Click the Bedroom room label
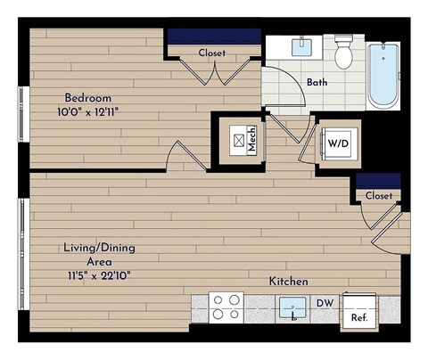[x=87, y=97]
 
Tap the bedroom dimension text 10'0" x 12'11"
[x=87, y=112]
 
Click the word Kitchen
[x=289, y=282]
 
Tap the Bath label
[x=317, y=82]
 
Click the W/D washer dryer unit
[x=339, y=143]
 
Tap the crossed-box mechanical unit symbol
[x=238, y=139]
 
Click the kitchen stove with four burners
[x=226, y=307]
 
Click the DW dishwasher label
[x=326, y=304]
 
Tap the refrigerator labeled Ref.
[x=359, y=312]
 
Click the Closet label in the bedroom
[x=212, y=53]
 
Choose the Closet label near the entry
[x=379, y=194]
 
